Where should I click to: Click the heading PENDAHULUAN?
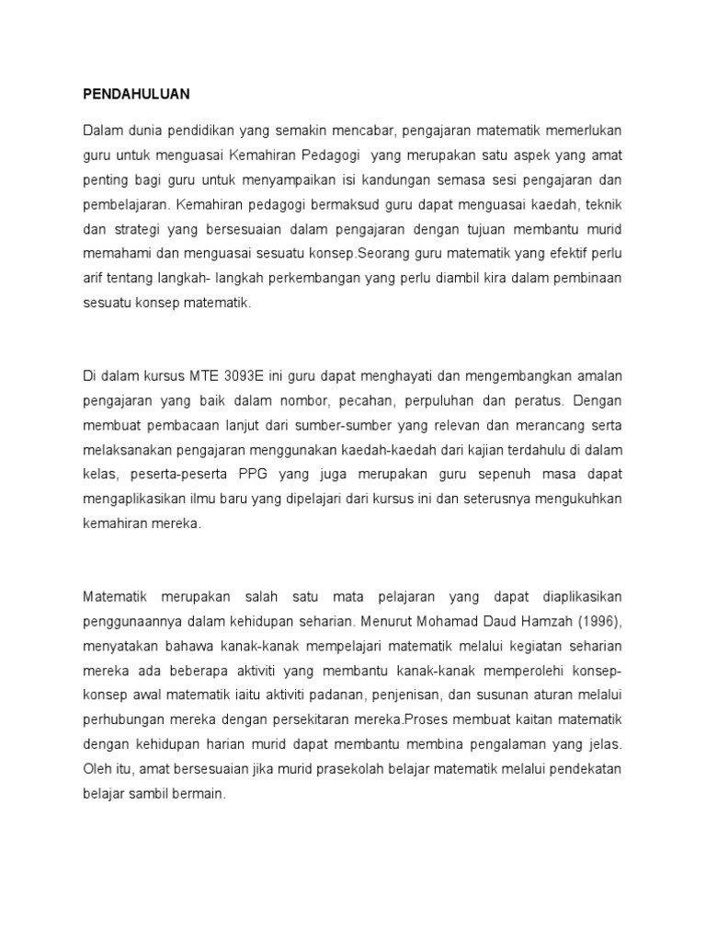[x=135, y=94]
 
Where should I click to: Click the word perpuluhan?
[x=453, y=400]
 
